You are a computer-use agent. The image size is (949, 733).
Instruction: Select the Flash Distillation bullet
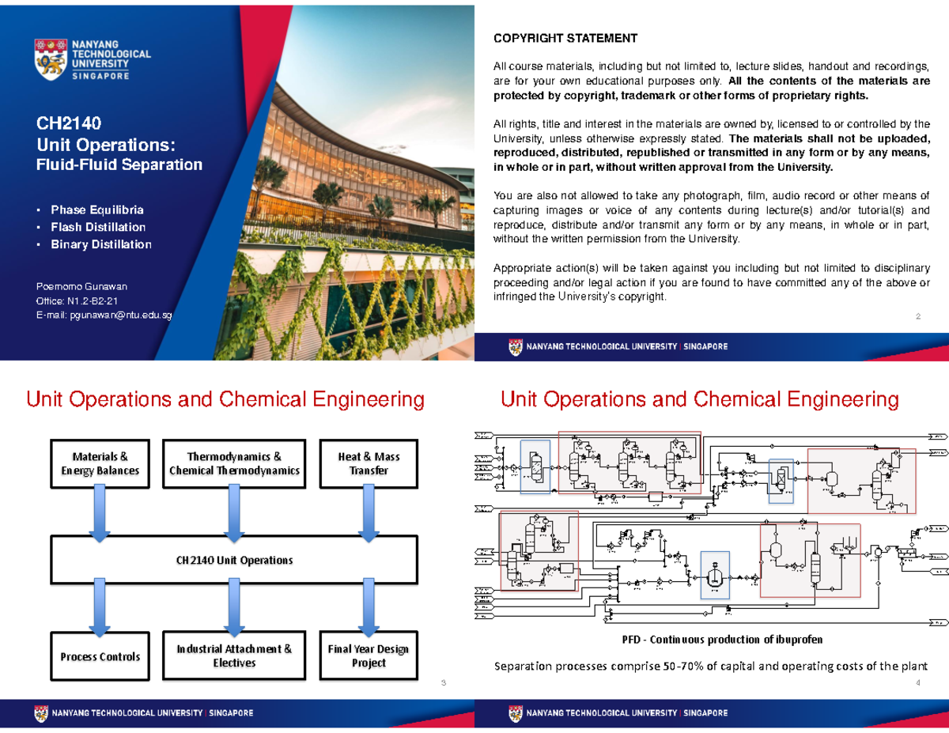(x=98, y=227)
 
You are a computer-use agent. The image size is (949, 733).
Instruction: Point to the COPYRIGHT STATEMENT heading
(x=565, y=38)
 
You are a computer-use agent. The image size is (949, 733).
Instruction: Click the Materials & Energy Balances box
(x=100, y=463)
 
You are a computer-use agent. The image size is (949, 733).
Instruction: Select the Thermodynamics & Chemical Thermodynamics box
(x=234, y=463)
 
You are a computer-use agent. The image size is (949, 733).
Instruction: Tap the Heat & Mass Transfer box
(x=368, y=463)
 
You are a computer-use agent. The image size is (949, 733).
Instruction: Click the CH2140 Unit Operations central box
(x=234, y=560)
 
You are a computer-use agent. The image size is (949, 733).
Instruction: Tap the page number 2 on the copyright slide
(x=918, y=317)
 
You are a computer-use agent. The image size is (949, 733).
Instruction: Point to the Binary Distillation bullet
(x=101, y=244)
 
